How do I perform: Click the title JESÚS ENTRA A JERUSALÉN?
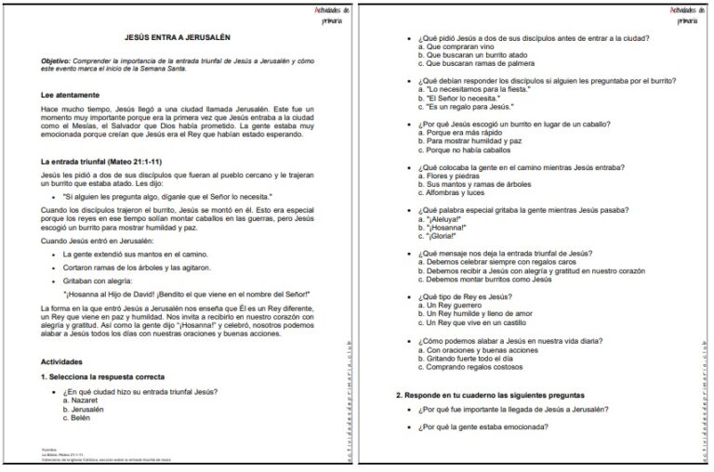[178, 38]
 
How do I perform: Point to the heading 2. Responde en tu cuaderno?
[503, 395]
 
